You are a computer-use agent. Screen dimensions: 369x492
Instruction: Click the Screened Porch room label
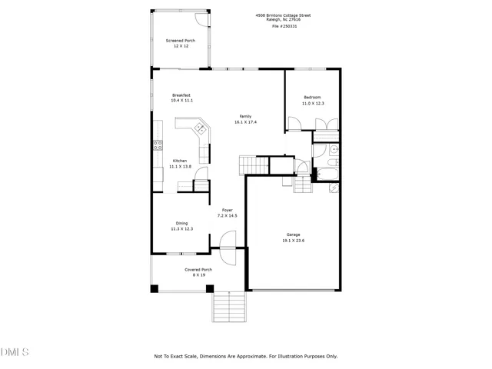coord(181,41)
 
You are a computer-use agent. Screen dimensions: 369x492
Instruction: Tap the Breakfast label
coord(181,95)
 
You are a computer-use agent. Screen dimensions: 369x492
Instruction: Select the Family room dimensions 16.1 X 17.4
coord(246,121)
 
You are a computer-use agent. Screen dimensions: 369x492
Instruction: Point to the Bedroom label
coord(312,97)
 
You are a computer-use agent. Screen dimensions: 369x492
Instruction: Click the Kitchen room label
coord(179,161)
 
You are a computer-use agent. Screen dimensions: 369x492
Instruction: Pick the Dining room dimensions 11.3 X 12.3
coord(181,228)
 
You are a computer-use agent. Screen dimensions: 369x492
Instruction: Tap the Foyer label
coord(228,210)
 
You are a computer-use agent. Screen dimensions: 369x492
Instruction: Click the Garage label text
coord(293,235)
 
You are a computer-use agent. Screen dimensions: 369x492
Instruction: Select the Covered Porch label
coord(198,269)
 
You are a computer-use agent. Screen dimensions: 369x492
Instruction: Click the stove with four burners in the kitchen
coord(158,144)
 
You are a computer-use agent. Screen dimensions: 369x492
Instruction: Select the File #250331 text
coord(284,26)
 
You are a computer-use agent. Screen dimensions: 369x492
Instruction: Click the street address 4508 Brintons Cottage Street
coord(284,15)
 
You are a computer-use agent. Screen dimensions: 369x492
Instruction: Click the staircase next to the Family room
coord(251,164)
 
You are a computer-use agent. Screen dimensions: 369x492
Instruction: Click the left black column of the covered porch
coord(155,288)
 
